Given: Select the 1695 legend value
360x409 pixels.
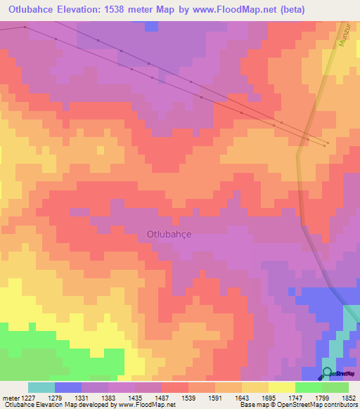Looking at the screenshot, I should click(269, 398).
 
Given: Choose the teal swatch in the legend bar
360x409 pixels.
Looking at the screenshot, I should click(41, 387).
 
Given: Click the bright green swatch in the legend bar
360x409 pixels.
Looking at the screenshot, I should click(309, 387).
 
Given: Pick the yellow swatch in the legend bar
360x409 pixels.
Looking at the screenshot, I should click(282, 387).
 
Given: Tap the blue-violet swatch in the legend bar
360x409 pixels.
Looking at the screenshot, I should click(68, 387).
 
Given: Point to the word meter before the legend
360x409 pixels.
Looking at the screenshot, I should click(11, 398).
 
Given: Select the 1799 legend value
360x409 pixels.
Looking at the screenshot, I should click(323, 398).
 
